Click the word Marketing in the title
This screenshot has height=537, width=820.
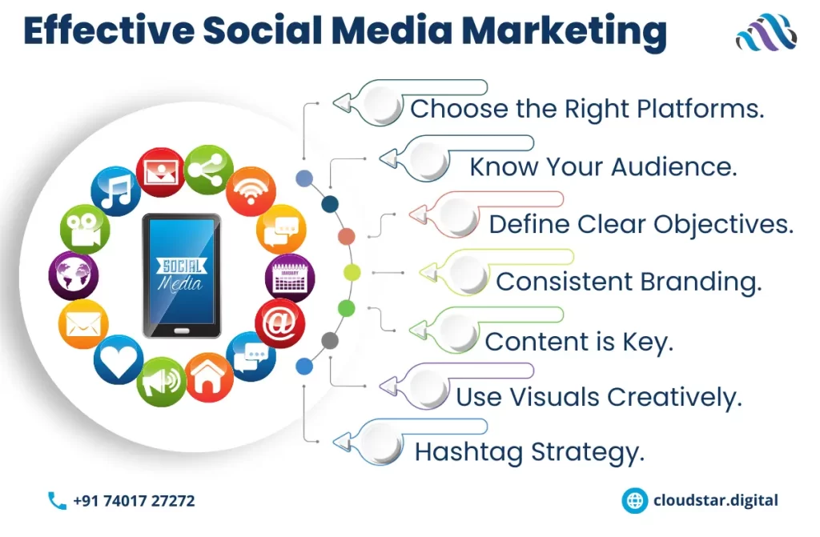pyautogui.click(x=565, y=31)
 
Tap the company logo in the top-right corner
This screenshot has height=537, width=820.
pyautogui.click(x=766, y=33)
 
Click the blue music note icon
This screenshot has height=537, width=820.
pyautogui.click(x=115, y=191)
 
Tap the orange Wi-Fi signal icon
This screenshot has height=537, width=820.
pyautogui.click(x=251, y=191)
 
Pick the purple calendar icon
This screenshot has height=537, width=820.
pyautogui.click(x=290, y=278)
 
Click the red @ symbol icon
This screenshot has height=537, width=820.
pyautogui.click(x=280, y=323)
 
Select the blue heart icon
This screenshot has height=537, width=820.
pyautogui.click(x=119, y=360)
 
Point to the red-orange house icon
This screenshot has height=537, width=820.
pyautogui.click(x=209, y=378)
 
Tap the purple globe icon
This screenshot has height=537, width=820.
pyautogui.click(x=74, y=275)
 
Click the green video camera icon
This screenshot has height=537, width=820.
pyautogui.click(x=85, y=229)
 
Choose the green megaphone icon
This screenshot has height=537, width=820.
pyautogui.click(x=161, y=382)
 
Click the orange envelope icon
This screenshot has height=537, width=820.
pyautogui.click(x=83, y=324)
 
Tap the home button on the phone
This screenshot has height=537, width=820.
pyautogui.click(x=182, y=331)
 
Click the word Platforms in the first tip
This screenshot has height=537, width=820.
pyautogui.click(x=701, y=110)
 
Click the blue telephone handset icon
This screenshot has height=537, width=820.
pyautogui.click(x=57, y=500)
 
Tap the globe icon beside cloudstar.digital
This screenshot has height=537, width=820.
pyautogui.click(x=635, y=500)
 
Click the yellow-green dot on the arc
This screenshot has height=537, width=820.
pyautogui.click(x=352, y=272)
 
